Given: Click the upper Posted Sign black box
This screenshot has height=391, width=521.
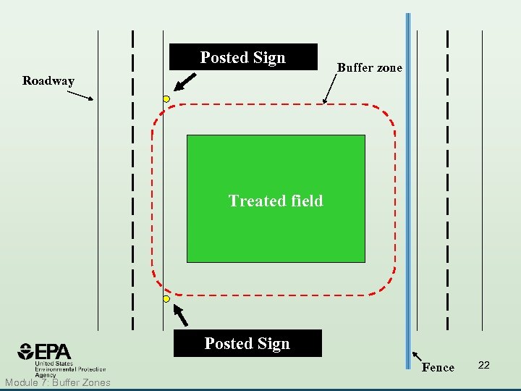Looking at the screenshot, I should (x=243, y=57).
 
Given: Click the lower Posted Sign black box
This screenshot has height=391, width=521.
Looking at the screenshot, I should (x=247, y=343).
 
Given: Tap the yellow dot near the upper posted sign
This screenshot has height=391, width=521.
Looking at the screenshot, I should (x=166, y=98).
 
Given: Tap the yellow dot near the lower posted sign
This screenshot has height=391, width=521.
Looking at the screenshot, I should (x=166, y=298).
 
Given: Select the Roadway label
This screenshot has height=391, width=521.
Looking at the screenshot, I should (x=48, y=81).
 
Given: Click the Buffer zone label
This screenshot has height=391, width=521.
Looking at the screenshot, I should (x=370, y=68).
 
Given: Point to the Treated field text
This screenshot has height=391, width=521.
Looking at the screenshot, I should (x=276, y=201).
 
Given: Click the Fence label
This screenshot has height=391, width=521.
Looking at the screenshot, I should (x=438, y=368).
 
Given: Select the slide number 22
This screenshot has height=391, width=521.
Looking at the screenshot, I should (x=484, y=365).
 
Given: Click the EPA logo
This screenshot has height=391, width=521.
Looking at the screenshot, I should (x=46, y=353).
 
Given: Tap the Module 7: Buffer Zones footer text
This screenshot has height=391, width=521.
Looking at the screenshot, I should (x=57, y=382).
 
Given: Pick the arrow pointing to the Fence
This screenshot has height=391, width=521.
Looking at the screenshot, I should (x=417, y=357).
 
